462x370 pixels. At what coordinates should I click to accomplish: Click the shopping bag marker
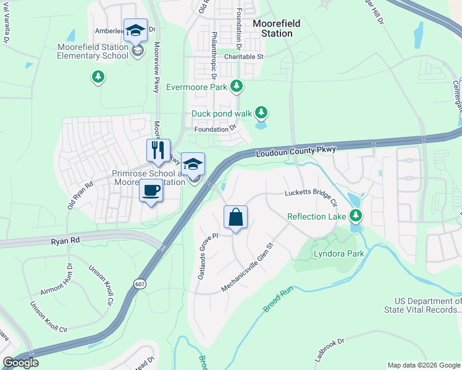(235, 218)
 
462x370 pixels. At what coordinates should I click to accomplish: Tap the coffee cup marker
(151, 191)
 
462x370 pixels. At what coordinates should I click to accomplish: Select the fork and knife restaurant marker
(157, 150)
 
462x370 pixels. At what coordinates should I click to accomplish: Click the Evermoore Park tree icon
(235, 85)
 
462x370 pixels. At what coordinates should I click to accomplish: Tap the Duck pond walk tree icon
(262, 112)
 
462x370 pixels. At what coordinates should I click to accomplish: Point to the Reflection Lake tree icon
(355, 215)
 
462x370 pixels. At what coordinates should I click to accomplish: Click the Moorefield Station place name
(277, 28)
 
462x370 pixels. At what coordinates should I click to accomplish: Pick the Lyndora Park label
(338, 253)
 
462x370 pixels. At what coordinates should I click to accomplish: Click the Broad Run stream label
(277, 299)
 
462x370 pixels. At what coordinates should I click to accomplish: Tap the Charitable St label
(244, 57)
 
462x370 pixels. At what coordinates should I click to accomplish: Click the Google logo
(21, 363)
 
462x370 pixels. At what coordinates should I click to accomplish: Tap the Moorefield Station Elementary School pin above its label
(135, 31)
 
